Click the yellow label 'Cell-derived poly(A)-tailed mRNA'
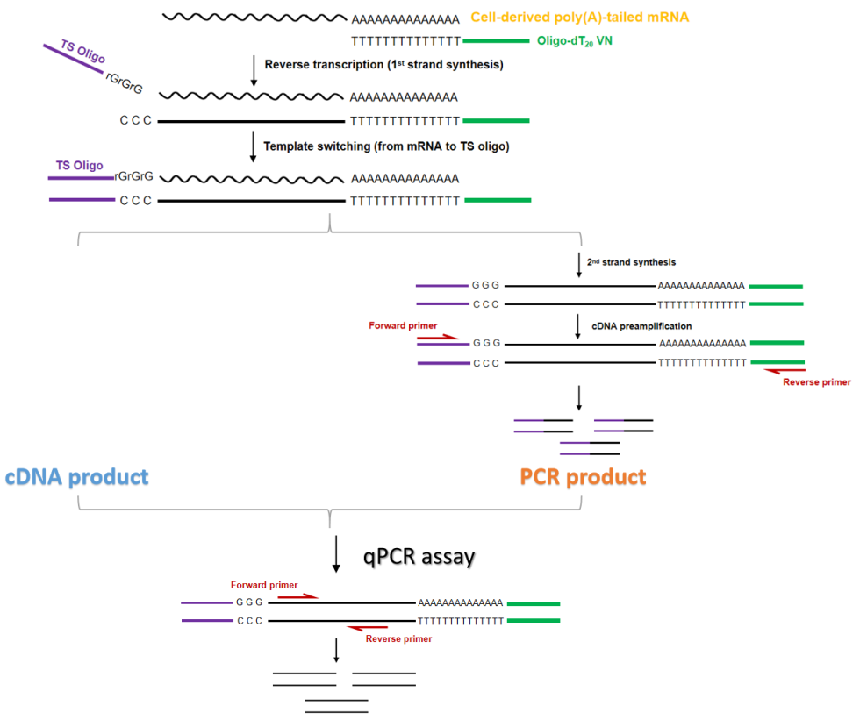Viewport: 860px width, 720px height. pos(580,18)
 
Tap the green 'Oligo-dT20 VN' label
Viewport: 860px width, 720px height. pos(574,41)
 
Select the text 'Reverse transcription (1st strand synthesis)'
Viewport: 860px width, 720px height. pos(384,65)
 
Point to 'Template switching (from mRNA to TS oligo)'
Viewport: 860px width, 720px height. pos(386,146)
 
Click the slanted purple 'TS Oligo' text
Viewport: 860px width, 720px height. pos(82,52)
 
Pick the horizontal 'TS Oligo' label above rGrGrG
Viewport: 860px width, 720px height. pos(80,166)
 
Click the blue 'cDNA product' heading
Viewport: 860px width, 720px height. pos(77,477)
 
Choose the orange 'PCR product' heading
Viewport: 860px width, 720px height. pos(583,477)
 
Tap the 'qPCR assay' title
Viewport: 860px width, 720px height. pos(419,557)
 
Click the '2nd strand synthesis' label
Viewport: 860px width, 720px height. pos(631,262)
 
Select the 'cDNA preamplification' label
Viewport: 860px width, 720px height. pos(641,326)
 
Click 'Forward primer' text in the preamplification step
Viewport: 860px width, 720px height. pos(403,325)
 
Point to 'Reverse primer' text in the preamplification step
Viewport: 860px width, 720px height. pos(817,381)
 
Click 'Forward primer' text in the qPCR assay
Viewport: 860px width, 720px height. pos(264,585)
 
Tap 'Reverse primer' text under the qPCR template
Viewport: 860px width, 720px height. pos(398,639)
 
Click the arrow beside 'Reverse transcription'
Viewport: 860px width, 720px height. pos(254,70)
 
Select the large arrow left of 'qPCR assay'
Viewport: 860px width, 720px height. pos(336,554)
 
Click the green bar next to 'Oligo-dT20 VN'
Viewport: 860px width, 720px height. pos(497,41)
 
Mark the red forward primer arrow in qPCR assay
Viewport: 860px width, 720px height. pos(298,596)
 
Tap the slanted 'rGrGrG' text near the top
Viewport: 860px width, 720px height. pos(124,82)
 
